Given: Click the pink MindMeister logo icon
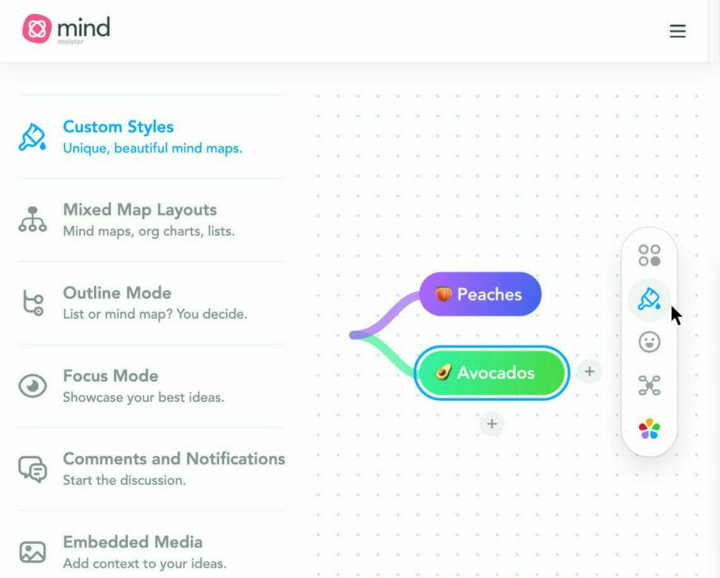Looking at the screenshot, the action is click(x=37, y=28).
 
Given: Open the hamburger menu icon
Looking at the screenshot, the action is click(x=677, y=31).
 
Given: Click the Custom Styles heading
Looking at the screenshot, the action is click(x=119, y=127).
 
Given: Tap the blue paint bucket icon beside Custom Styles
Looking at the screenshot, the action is click(x=32, y=137).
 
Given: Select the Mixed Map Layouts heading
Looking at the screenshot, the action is click(x=140, y=210).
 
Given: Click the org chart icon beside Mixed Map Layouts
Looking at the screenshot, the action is click(x=33, y=219).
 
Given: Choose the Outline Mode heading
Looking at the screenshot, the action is click(x=117, y=293).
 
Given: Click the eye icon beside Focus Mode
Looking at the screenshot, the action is click(x=33, y=386).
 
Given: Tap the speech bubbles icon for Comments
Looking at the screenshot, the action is click(x=33, y=469).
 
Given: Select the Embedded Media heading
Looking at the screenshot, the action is click(x=133, y=542).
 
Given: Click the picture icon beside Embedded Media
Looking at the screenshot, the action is click(x=33, y=552).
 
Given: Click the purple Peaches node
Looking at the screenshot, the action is click(x=480, y=294).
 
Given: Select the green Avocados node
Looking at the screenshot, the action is click(x=492, y=373).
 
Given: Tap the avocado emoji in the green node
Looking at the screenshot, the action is click(x=443, y=372).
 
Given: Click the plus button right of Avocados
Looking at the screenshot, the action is click(x=590, y=372).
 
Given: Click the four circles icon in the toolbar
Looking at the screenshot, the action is click(x=649, y=255).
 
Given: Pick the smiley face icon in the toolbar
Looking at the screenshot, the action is click(x=649, y=342).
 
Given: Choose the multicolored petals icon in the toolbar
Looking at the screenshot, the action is click(x=649, y=429).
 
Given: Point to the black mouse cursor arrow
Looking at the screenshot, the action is click(x=676, y=316).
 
